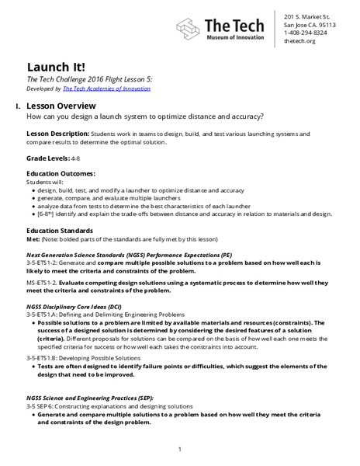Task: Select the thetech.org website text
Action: [x=299, y=42]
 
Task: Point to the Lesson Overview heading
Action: [x=61, y=105]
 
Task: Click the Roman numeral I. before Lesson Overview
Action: [x=17, y=105]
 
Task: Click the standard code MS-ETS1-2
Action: [x=42, y=283]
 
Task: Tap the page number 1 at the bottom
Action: [x=179, y=449]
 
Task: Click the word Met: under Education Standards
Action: [x=34, y=239]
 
